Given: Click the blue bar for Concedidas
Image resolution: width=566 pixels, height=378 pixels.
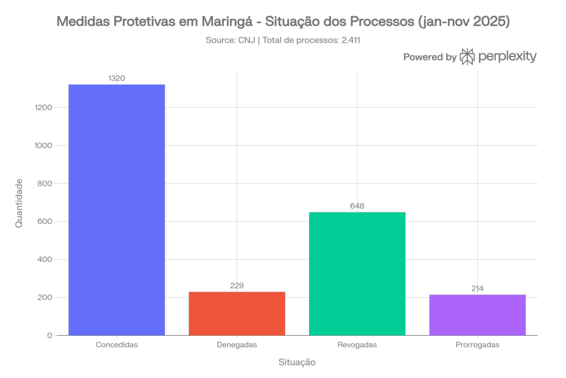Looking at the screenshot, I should (117, 210).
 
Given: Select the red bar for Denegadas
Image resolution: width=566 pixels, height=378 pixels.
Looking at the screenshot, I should (237, 313).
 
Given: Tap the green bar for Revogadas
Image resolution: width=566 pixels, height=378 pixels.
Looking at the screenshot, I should (357, 273).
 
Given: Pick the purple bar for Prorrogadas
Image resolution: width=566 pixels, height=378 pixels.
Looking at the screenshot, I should (477, 314).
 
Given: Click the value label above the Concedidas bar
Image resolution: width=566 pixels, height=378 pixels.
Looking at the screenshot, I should (117, 79).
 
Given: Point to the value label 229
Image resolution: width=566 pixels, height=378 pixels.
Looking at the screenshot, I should (237, 286).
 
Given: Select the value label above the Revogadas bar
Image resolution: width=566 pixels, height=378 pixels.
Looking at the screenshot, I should (357, 206).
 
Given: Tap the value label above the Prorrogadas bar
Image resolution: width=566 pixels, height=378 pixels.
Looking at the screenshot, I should (477, 288).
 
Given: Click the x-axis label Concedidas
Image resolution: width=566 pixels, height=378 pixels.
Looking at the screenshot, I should (117, 344).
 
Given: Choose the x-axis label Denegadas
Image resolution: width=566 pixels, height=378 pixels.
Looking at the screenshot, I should (237, 344).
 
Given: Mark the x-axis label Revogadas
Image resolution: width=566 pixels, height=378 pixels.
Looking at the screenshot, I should (357, 344).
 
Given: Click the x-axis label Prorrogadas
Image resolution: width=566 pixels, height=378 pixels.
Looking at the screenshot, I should (477, 344).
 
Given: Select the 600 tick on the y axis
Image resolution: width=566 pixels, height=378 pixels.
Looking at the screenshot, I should (46, 221).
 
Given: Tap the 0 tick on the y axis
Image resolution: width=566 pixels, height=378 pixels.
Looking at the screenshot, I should (50, 335).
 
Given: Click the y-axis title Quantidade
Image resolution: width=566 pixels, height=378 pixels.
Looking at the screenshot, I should (18, 203).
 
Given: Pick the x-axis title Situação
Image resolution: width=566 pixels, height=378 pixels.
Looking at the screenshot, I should (297, 363).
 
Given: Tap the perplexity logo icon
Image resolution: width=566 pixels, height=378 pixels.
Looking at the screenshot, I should (468, 56).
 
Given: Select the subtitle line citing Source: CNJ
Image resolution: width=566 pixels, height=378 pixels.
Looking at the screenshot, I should (283, 40).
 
